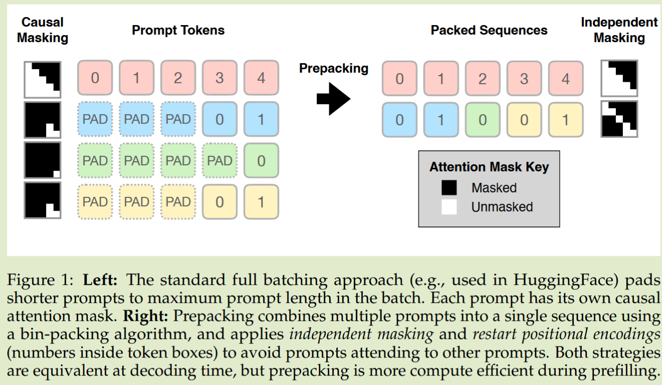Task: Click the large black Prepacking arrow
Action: tap(333, 98)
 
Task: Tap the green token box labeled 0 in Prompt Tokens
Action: tap(261, 161)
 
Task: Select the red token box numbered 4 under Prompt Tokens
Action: tap(261, 78)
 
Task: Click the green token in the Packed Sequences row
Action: tap(482, 120)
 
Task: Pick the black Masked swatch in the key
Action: tap(449, 188)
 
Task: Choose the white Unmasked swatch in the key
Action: tap(449, 207)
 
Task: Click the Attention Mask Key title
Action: tap(489, 167)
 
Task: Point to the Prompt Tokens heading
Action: tap(178, 31)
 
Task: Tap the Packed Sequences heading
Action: tap(489, 31)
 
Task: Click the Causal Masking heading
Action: tap(43, 30)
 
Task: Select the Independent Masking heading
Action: tap(619, 30)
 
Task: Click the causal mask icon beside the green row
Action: tap(43, 161)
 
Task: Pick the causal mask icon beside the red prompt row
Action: tap(43, 79)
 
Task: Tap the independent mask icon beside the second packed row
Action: tap(619, 119)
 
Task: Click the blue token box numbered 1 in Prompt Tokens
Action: tap(261, 119)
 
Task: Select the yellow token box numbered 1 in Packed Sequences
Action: tap(565, 120)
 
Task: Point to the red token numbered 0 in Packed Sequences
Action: tap(399, 79)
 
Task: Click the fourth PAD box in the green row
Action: tap(219, 161)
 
